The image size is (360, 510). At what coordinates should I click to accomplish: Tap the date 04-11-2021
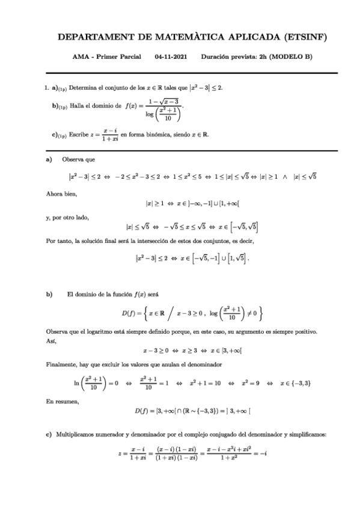(x=171, y=57)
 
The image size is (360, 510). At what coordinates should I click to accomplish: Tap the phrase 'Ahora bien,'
(x=61, y=194)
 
